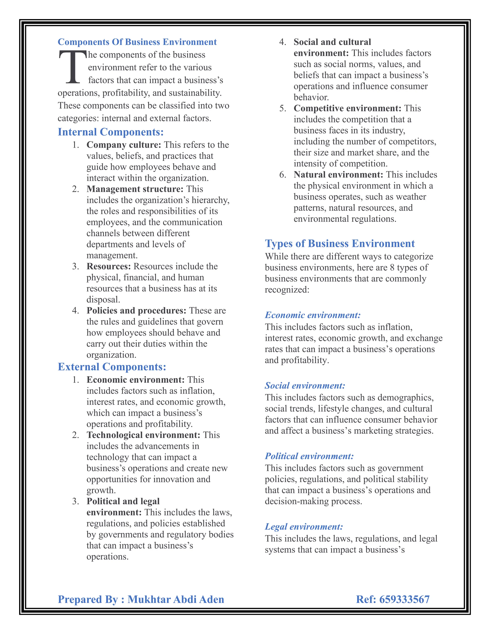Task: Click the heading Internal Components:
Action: [111, 132]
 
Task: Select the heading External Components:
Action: [112, 367]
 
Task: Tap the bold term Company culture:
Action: [124, 145]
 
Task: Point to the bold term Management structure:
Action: [135, 189]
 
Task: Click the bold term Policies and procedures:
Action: [136, 311]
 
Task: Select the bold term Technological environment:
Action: [143, 435]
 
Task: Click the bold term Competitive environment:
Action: [347, 108]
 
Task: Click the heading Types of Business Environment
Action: [340, 244]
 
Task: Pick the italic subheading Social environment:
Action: [305, 385]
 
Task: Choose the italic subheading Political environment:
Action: [309, 456]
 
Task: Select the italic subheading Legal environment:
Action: [304, 527]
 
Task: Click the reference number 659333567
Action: [404, 600]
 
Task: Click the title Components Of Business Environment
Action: [137, 42]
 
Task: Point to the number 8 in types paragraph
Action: [392, 267]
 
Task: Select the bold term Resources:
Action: [109, 267]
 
